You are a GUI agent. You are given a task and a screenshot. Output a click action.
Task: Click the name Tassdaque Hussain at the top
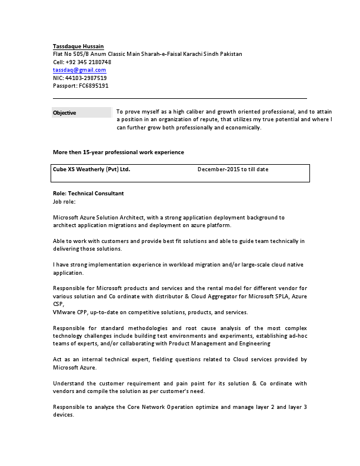(x=78, y=46)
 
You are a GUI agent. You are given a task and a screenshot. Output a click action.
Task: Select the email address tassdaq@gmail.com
(x=79, y=70)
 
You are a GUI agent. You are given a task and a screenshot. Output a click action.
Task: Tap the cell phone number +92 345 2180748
(x=88, y=62)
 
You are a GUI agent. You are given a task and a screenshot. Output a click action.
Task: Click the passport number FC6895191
(x=94, y=85)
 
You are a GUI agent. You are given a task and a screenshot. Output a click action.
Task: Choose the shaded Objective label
(x=65, y=112)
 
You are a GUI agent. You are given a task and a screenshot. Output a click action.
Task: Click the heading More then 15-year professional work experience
(x=118, y=152)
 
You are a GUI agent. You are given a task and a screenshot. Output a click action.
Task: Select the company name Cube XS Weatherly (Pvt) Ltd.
(x=91, y=169)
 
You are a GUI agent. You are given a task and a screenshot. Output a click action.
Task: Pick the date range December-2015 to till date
(x=233, y=169)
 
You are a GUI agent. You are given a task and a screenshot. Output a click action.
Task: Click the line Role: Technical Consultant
(x=88, y=193)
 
